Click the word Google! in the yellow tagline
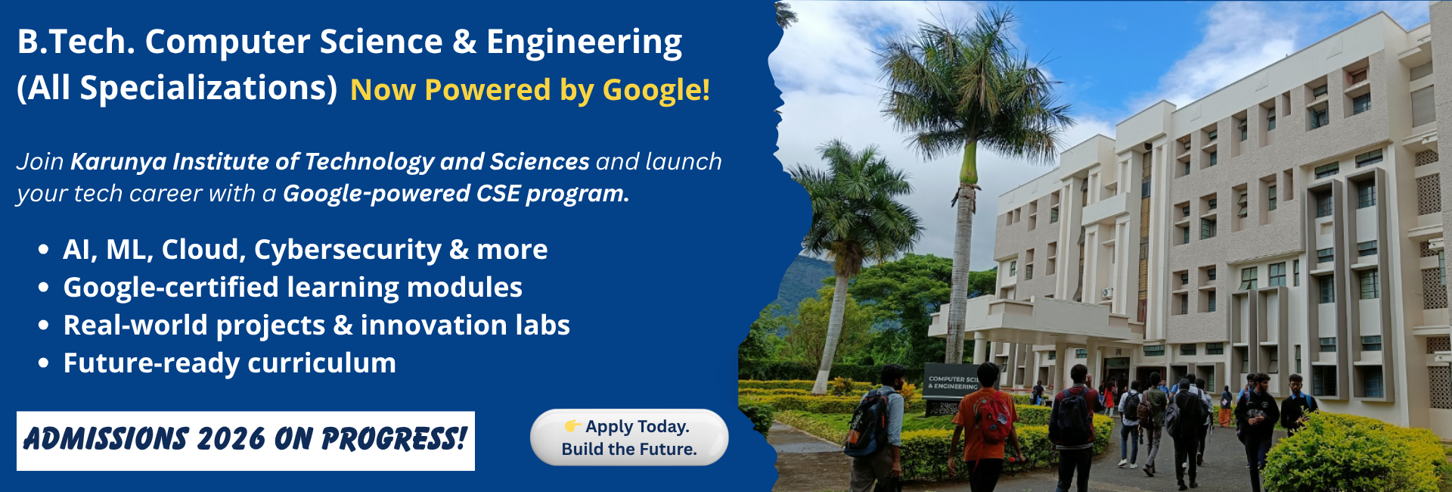click(656, 90)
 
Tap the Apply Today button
click(629, 438)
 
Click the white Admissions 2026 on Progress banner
click(246, 441)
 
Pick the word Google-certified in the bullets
click(171, 288)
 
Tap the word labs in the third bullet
click(542, 325)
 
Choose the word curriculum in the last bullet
click(321, 363)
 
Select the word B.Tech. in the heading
click(76, 42)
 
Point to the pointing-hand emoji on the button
click(573, 426)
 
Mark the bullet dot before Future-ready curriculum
click(44, 364)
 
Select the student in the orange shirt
click(985, 428)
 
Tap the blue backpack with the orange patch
click(866, 424)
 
